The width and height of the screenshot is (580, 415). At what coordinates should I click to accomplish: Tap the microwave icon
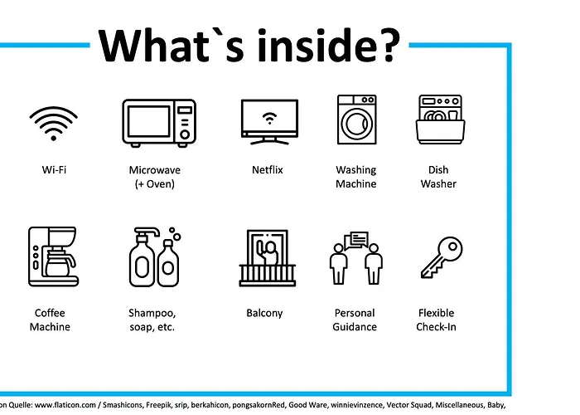[x=159, y=123]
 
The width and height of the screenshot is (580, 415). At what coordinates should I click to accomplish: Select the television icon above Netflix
[x=269, y=122]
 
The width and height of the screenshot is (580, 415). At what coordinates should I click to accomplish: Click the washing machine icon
[x=357, y=120]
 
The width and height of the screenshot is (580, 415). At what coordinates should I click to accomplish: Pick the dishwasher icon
[x=440, y=120]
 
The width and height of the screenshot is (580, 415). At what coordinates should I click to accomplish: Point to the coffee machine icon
[x=53, y=256]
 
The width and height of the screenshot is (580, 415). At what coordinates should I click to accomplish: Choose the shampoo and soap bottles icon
[x=155, y=257]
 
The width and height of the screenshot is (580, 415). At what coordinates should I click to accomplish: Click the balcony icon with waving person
[x=268, y=258]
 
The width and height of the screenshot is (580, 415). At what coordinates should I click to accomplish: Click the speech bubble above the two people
[x=356, y=239]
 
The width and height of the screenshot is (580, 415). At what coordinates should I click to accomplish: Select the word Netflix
[x=268, y=169]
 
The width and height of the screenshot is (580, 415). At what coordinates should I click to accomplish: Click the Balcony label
[x=264, y=313]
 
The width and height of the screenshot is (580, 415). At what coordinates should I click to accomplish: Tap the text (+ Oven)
[x=155, y=183]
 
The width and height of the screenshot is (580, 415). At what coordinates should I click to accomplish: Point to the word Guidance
[x=355, y=327]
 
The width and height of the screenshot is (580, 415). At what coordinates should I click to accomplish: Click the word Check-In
[x=436, y=327]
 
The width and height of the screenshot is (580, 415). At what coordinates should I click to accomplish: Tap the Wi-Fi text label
[x=54, y=169]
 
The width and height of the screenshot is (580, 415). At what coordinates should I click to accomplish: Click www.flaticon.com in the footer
[x=65, y=405]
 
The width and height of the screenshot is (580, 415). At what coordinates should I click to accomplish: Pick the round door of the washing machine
[x=356, y=124]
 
